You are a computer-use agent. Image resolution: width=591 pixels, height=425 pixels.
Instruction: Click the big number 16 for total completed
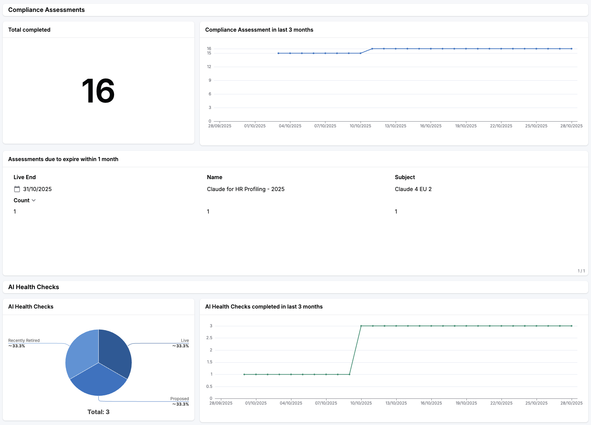tap(98, 91)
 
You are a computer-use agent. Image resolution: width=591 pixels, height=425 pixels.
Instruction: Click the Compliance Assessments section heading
tap(46, 10)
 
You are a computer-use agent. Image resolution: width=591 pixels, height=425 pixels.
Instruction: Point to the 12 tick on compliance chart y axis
tap(209, 67)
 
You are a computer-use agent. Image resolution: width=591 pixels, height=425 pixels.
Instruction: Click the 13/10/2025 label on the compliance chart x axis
tap(395, 126)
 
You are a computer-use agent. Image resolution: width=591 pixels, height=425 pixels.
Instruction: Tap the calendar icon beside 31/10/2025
tap(17, 189)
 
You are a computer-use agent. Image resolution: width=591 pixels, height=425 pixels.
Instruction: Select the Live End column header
tap(25, 177)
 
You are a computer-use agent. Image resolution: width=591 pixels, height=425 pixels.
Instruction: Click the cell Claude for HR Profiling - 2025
tap(245, 189)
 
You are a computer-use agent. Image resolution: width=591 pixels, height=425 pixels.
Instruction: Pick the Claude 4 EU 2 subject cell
tap(413, 189)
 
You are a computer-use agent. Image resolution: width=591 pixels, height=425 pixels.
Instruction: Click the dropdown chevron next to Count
tap(34, 200)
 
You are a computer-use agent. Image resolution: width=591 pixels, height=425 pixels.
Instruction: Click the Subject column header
tap(405, 177)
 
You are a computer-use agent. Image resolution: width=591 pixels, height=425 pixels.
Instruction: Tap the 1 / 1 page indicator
tap(581, 271)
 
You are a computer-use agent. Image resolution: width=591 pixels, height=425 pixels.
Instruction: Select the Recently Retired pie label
tap(24, 341)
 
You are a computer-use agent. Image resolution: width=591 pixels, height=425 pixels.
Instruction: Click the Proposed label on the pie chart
tap(179, 399)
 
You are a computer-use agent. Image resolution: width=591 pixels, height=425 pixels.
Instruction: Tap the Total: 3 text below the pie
tap(98, 412)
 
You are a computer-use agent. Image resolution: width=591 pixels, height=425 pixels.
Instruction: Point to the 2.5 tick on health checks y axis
tap(209, 338)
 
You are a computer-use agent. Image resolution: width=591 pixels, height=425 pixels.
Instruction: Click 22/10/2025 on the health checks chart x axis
tap(501, 403)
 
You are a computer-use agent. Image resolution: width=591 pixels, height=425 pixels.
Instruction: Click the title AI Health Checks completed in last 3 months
tap(264, 306)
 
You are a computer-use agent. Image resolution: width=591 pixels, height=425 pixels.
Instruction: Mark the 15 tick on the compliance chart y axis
tap(209, 53)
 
